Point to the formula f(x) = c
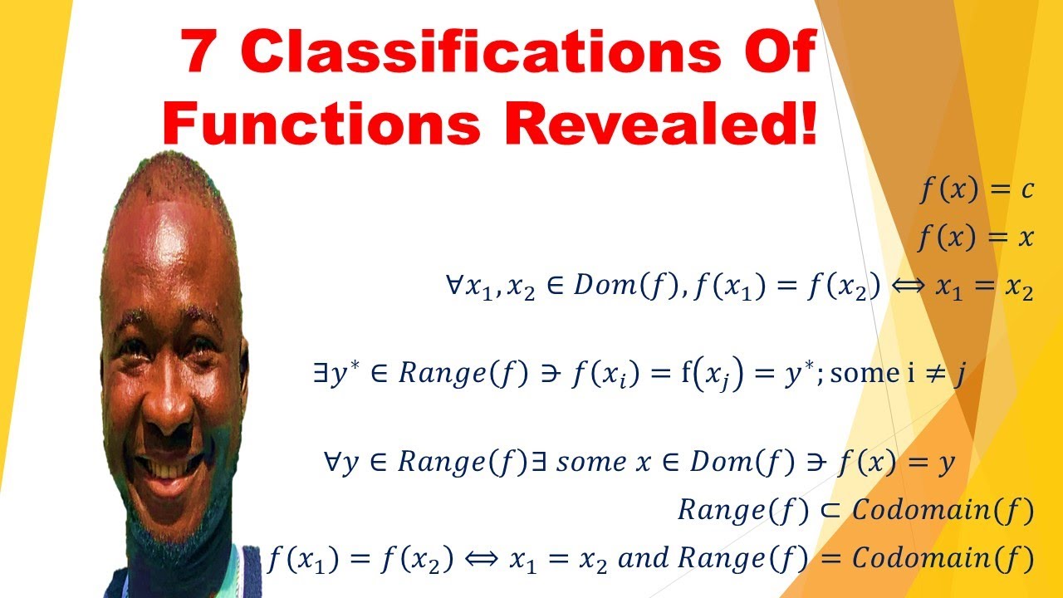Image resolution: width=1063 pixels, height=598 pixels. click(x=975, y=190)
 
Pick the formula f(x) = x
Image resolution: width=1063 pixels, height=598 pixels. click(x=975, y=238)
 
